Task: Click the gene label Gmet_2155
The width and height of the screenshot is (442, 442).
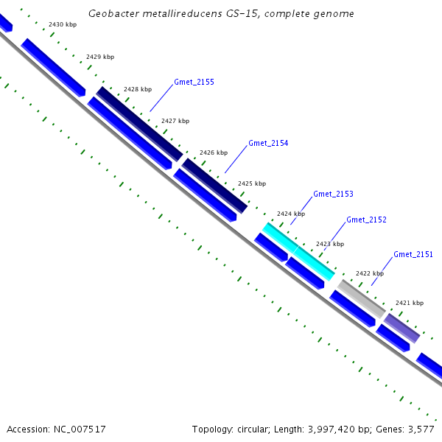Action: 194,82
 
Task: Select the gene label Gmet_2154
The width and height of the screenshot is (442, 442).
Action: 268,143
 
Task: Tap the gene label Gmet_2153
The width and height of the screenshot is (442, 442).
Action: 333,194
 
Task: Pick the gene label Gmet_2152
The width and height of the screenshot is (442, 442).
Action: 366,220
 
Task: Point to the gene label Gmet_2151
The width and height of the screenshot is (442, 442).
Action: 413,254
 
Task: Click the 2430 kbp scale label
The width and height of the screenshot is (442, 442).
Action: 63,24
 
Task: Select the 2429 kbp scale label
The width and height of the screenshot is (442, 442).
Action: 100,57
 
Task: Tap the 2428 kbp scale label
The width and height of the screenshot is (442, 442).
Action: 138,89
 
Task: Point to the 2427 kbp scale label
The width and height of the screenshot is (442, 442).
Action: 175,121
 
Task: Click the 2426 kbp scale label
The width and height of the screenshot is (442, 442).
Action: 214,152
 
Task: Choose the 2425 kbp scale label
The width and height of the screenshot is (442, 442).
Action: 252,183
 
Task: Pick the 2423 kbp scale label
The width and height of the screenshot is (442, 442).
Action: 330,244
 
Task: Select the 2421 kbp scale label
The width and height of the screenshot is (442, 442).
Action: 410,303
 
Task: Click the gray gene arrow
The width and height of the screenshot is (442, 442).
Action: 361,298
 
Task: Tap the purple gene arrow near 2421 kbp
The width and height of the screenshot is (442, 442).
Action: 401,328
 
